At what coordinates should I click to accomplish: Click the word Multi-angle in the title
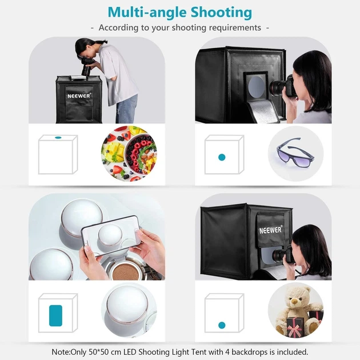click(147, 13)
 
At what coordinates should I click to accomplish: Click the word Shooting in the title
click(221, 13)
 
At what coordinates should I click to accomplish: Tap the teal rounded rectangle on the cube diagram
click(55, 315)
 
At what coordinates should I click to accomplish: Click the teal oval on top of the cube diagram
click(58, 138)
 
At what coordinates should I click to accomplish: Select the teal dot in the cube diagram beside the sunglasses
click(222, 157)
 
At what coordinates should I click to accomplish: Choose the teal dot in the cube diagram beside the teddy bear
click(222, 325)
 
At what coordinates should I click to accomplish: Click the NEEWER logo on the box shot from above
click(79, 96)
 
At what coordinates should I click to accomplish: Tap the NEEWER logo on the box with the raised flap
click(270, 230)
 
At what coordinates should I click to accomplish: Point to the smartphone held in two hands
click(111, 235)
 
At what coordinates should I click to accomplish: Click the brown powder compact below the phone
click(126, 271)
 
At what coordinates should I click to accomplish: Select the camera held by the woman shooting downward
click(87, 67)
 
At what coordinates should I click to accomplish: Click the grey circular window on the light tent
click(256, 86)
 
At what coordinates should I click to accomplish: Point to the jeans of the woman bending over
click(126, 110)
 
